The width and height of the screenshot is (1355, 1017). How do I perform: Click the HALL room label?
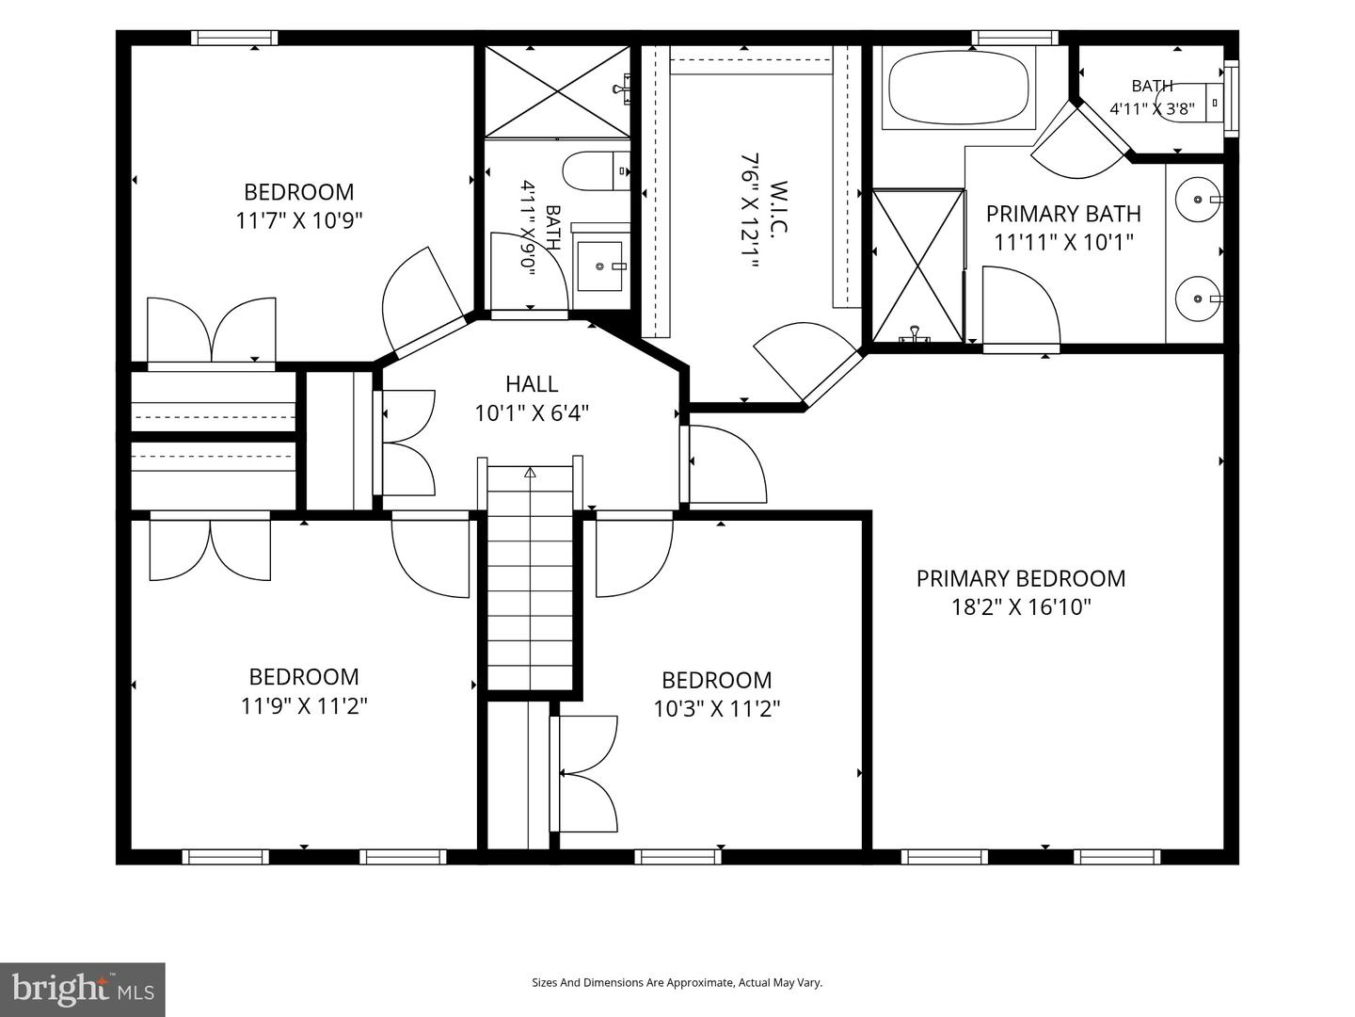pos(532,384)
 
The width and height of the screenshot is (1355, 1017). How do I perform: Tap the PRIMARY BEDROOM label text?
pos(1020,578)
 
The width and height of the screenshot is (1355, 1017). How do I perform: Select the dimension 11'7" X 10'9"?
pos(299,220)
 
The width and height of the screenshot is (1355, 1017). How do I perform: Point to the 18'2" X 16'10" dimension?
pos(1021,607)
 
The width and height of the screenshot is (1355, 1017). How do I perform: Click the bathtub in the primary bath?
pos(959,89)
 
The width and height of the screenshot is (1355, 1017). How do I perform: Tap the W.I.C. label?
pos(779,207)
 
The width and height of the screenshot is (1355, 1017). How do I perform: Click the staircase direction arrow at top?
pos(530,473)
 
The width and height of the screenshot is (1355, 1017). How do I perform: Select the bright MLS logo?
pos(83,989)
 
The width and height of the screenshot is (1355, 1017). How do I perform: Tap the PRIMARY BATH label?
pos(1063,214)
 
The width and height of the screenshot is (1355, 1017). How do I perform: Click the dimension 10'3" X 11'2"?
pos(717,709)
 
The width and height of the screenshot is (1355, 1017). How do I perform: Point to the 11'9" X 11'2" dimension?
pos(304,706)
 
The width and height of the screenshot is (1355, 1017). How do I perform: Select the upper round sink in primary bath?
pos(1198,200)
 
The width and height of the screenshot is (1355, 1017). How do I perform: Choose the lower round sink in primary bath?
pos(1198,299)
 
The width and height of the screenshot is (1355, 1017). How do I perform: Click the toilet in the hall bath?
pos(597,170)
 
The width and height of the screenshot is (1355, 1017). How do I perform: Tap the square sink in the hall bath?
pos(599,266)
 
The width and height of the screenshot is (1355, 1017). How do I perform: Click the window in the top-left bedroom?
pos(234,38)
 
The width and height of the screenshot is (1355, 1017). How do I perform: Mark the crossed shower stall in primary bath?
pos(918,266)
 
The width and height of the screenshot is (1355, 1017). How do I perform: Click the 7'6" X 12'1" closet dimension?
pos(748,212)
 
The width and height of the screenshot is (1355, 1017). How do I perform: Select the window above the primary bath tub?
pos(1015,38)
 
